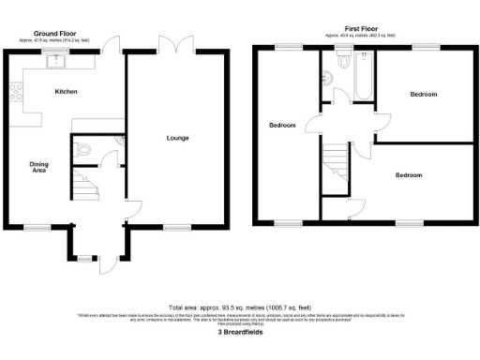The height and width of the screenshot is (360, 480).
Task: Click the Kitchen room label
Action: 66,92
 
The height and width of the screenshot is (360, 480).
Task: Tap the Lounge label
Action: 178,138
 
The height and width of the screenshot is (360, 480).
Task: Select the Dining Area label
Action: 38,168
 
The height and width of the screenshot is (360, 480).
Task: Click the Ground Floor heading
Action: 54,34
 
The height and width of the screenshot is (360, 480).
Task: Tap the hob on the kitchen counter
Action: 14,92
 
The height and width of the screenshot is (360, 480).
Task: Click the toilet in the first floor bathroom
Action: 343,61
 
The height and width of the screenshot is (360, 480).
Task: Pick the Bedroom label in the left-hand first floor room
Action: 282,126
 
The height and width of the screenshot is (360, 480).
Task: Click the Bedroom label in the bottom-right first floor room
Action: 408,175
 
